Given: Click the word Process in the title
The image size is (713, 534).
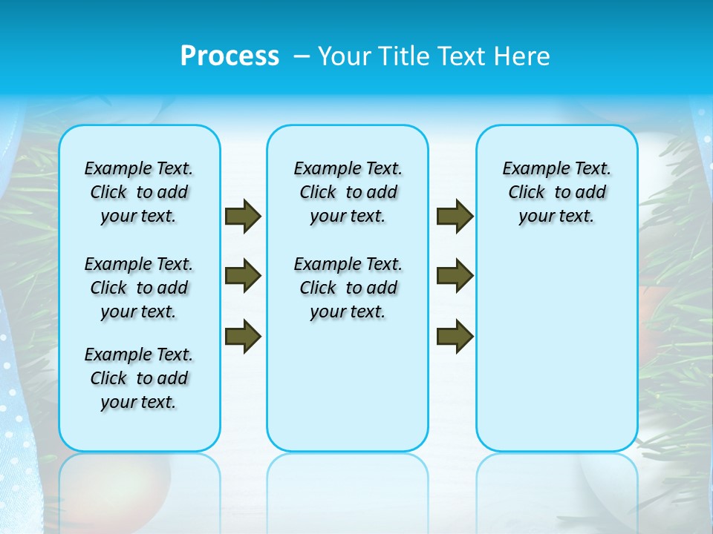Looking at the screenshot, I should click(x=229, y=56).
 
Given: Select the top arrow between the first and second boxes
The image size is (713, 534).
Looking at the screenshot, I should click(x=242, y=217).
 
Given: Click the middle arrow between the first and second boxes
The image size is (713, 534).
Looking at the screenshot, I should click(x=242, y=276).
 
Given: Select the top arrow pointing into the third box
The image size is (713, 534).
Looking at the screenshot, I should click(x=455, y=217).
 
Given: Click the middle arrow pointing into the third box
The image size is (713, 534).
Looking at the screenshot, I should click(x=455, y=276).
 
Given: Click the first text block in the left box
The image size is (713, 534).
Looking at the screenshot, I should click(x=139, y=192).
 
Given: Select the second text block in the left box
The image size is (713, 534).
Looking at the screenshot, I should click(x=139, y=288).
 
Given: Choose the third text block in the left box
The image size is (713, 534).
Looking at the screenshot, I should click(x=139, y=378).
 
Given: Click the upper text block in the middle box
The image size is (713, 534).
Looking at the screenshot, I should click(x=348, y=192).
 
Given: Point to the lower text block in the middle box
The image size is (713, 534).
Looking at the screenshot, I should click(x=348, y=288).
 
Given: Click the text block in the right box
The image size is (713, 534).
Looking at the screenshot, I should click(x=556, y=192).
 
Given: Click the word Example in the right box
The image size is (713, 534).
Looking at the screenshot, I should click(x=530, y=169).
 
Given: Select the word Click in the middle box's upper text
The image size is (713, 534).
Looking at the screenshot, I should click(x=317, y=193).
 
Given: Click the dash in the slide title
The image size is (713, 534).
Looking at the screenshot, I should click(x=302, y=56).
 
